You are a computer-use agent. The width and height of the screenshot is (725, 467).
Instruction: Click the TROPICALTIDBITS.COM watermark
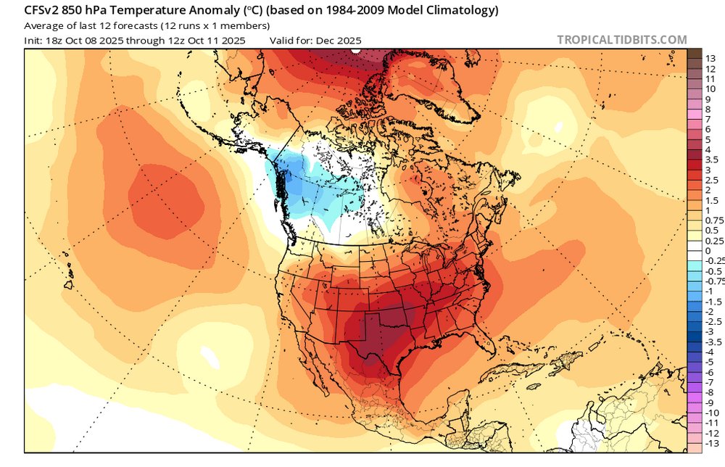621,40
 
